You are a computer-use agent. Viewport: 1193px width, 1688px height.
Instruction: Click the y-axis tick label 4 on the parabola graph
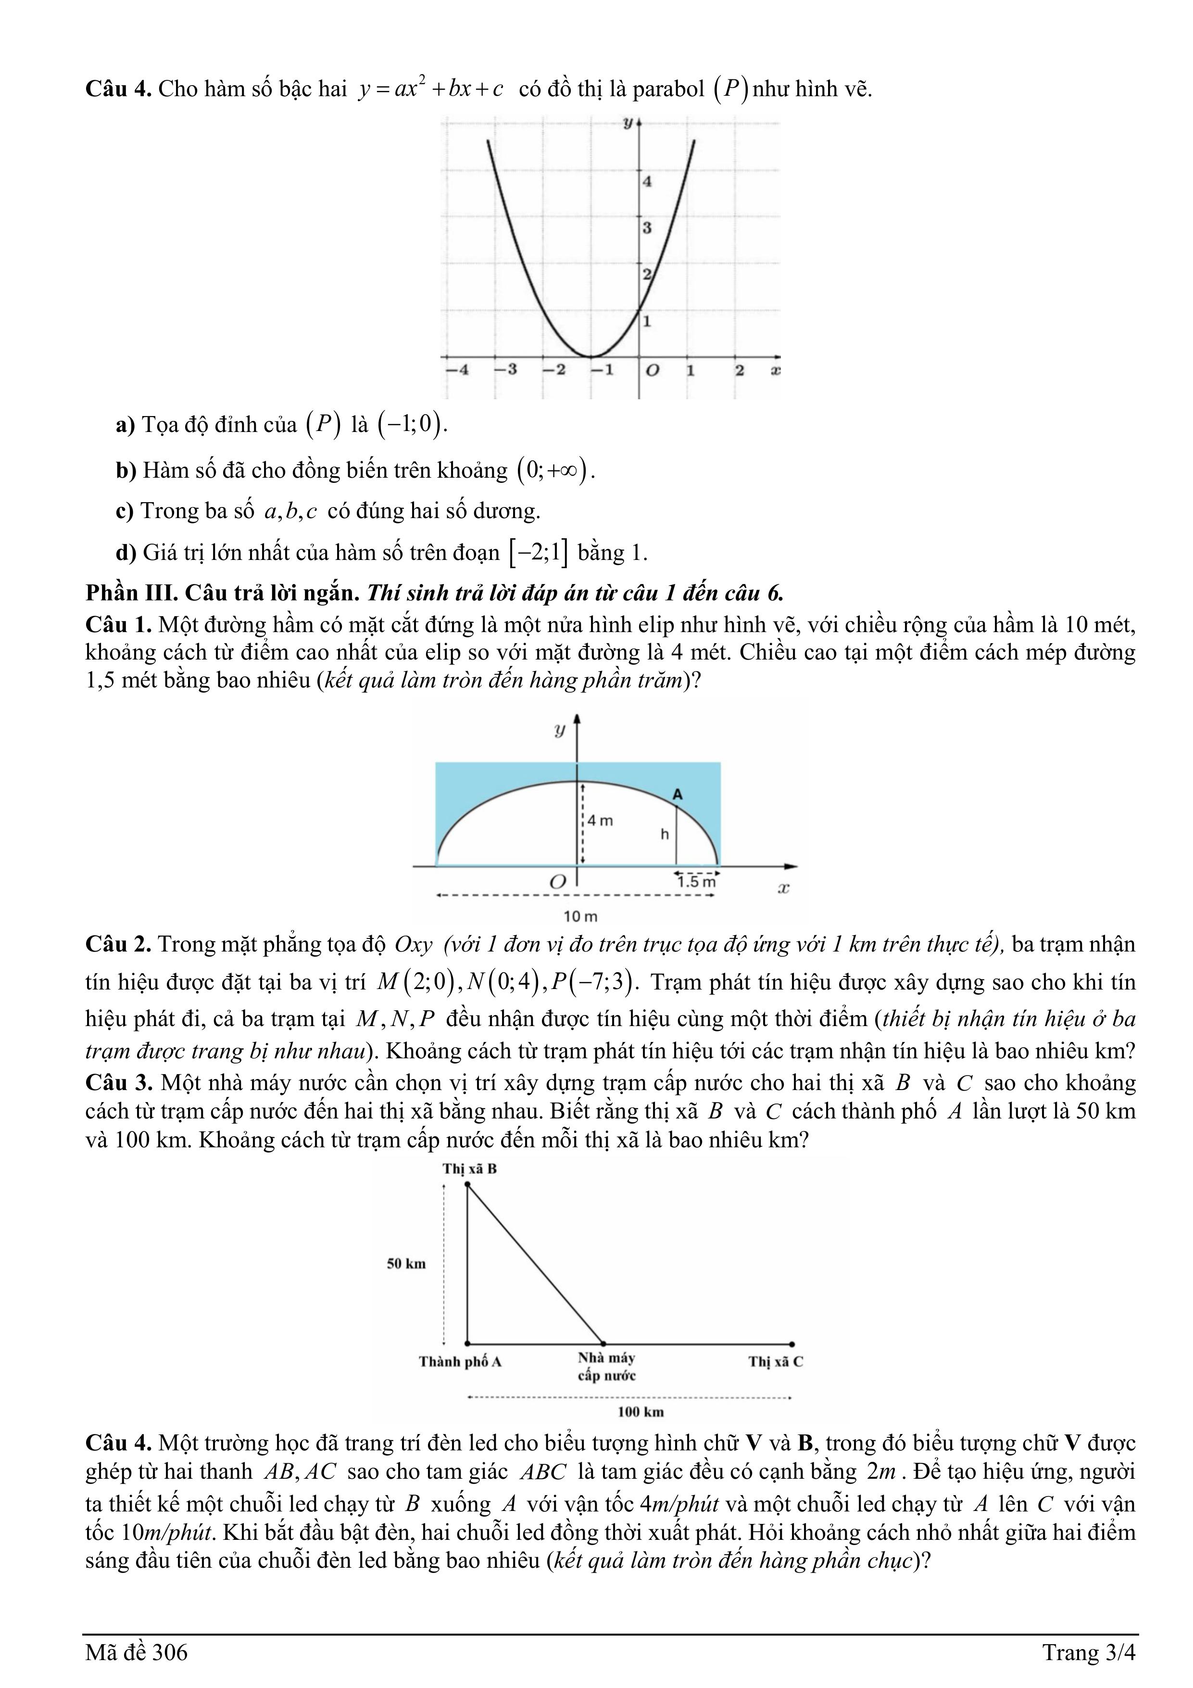click(x=647, y=181)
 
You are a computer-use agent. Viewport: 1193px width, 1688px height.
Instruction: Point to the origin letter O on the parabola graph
click(x=651, y=370)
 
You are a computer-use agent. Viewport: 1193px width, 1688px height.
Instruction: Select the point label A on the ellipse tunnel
click(x=678, y=795)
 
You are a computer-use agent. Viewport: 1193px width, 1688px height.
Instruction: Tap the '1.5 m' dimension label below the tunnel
click(x=695, y=881)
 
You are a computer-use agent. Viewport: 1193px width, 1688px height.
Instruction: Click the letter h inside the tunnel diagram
click(x=665, y=835)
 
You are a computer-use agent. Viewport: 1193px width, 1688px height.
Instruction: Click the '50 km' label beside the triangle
click(x=406, y=1264)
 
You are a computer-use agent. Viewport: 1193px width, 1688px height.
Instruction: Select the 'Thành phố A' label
click(x=460, y=1361)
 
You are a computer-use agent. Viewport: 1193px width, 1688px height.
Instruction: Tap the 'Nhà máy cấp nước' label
click(x=606, y=1367)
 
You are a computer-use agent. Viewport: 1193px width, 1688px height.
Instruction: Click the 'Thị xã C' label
click(x=776, y=1361)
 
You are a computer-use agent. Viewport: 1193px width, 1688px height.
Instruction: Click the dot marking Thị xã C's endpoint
click(x=791, y=1344)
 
